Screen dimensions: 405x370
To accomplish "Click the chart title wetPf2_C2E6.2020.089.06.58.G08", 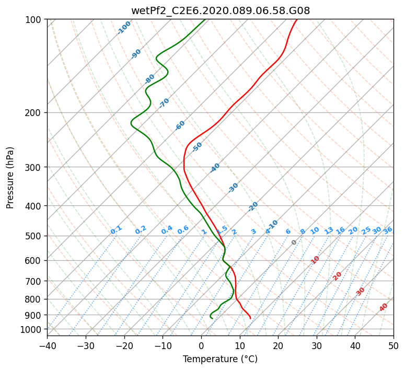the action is coord(221,11).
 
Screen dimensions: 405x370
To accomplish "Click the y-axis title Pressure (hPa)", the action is coord(10,178).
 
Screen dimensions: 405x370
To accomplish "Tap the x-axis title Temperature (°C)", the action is coord(221,359).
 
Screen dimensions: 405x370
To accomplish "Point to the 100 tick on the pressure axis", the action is coord(33,19).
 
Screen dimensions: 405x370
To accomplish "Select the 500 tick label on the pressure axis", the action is coord(33,236).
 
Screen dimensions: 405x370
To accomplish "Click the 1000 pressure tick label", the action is coord(31,330).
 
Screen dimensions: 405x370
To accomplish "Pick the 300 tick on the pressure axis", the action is coord(33,167).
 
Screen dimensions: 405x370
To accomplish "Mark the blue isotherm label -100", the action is coord(124,28).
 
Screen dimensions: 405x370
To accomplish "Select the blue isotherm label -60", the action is coord(180,125).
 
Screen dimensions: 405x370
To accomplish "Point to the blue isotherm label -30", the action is coord(233,188).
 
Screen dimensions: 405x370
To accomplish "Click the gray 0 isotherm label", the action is coord(294,242).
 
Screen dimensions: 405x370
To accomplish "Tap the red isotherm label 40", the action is coord(384,307).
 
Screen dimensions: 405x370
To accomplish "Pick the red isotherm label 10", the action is coord(315,260).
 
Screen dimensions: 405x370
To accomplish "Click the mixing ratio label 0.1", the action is coord(116,230).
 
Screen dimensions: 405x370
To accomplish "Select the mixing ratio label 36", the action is coord(388,230).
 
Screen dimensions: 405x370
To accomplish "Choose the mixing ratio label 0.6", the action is coord(183,230).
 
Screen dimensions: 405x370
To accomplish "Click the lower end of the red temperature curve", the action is coord(250,318).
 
